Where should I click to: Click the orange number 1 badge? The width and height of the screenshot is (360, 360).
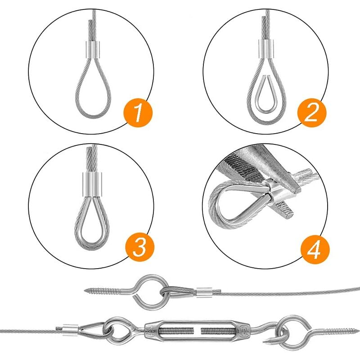pyautogui.click(x=138, y=112)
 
